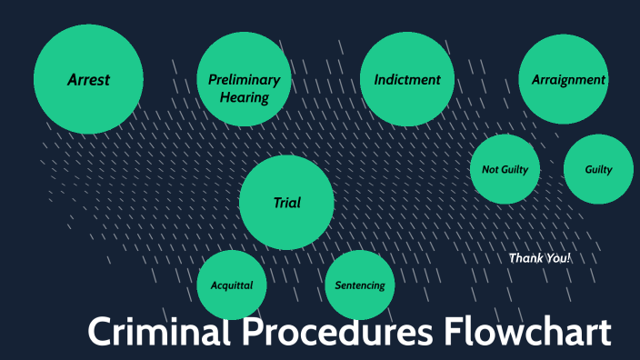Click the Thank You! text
(540, 258)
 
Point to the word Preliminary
(244, 80)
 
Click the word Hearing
(245, 97)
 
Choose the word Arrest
(88, 80)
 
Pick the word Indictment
(407, 80)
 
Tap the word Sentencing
(360, 285)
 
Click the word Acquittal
(232, 285)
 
